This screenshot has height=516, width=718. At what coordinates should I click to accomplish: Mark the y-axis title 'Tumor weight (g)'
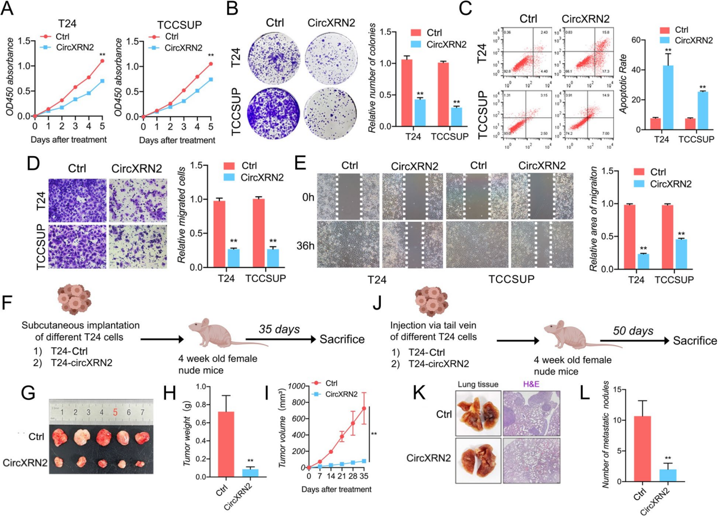[x=188, y=432]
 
